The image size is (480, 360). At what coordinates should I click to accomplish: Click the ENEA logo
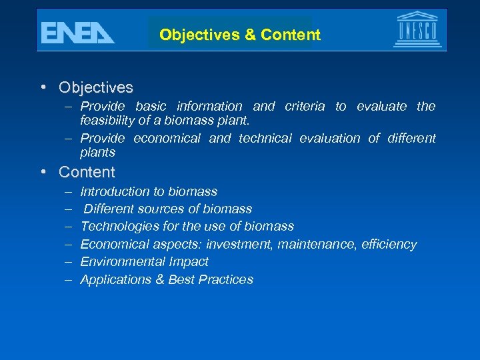coord(77,32)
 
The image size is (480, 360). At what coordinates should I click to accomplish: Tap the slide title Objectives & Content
coord(240,35)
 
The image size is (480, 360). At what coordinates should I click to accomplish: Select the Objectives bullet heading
coord(95,87)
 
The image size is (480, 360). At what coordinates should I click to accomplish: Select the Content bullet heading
coord(87,172)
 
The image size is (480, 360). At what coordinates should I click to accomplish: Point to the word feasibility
coord(107,121)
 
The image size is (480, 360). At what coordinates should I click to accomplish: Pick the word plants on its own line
coord(98,153)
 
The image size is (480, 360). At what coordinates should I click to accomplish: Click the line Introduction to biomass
coord(149,192)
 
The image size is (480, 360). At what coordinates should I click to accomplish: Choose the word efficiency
coord(389,245)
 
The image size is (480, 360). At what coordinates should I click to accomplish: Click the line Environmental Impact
coord(144,262)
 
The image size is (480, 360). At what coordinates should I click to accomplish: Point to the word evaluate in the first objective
coord(383,107)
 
